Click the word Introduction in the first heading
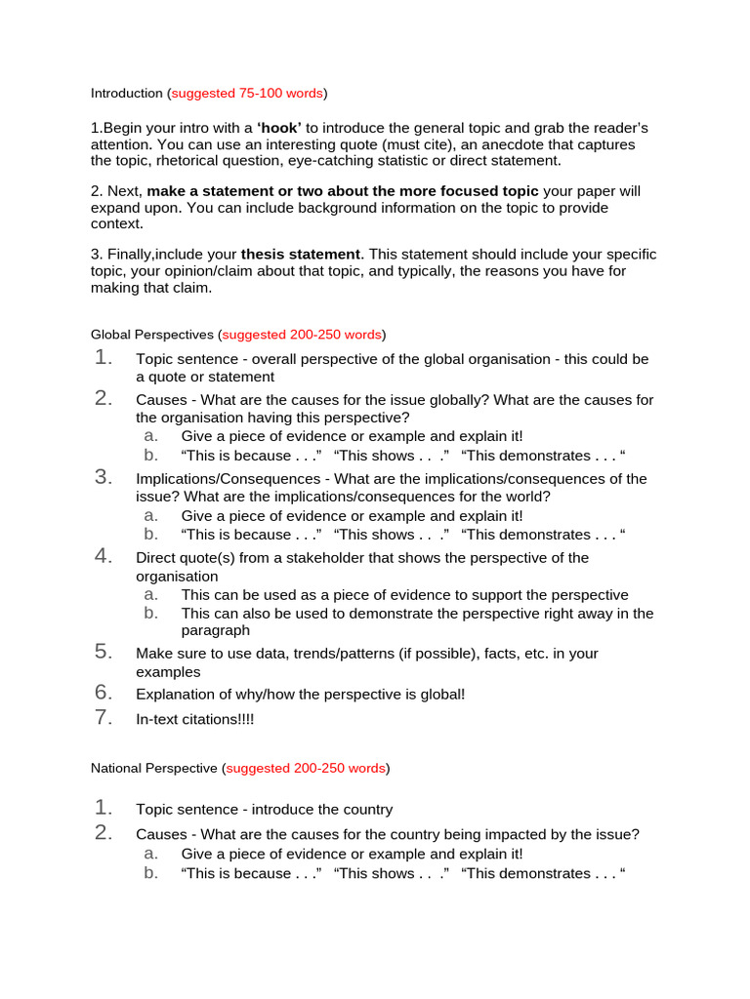(x=127, y=94)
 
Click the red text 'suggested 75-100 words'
(x=247, y=94)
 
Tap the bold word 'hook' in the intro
(x=279, y=129)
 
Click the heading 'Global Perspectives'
(x=153, y=335)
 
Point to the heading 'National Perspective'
(x=154, y=769)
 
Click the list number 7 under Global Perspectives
(x=104, y=717)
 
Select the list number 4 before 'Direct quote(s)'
(x=104, y=557)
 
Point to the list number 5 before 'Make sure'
(x=104, y=653)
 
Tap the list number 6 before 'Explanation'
(x=104, y=693)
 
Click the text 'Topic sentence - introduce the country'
(x=264, y=810)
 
